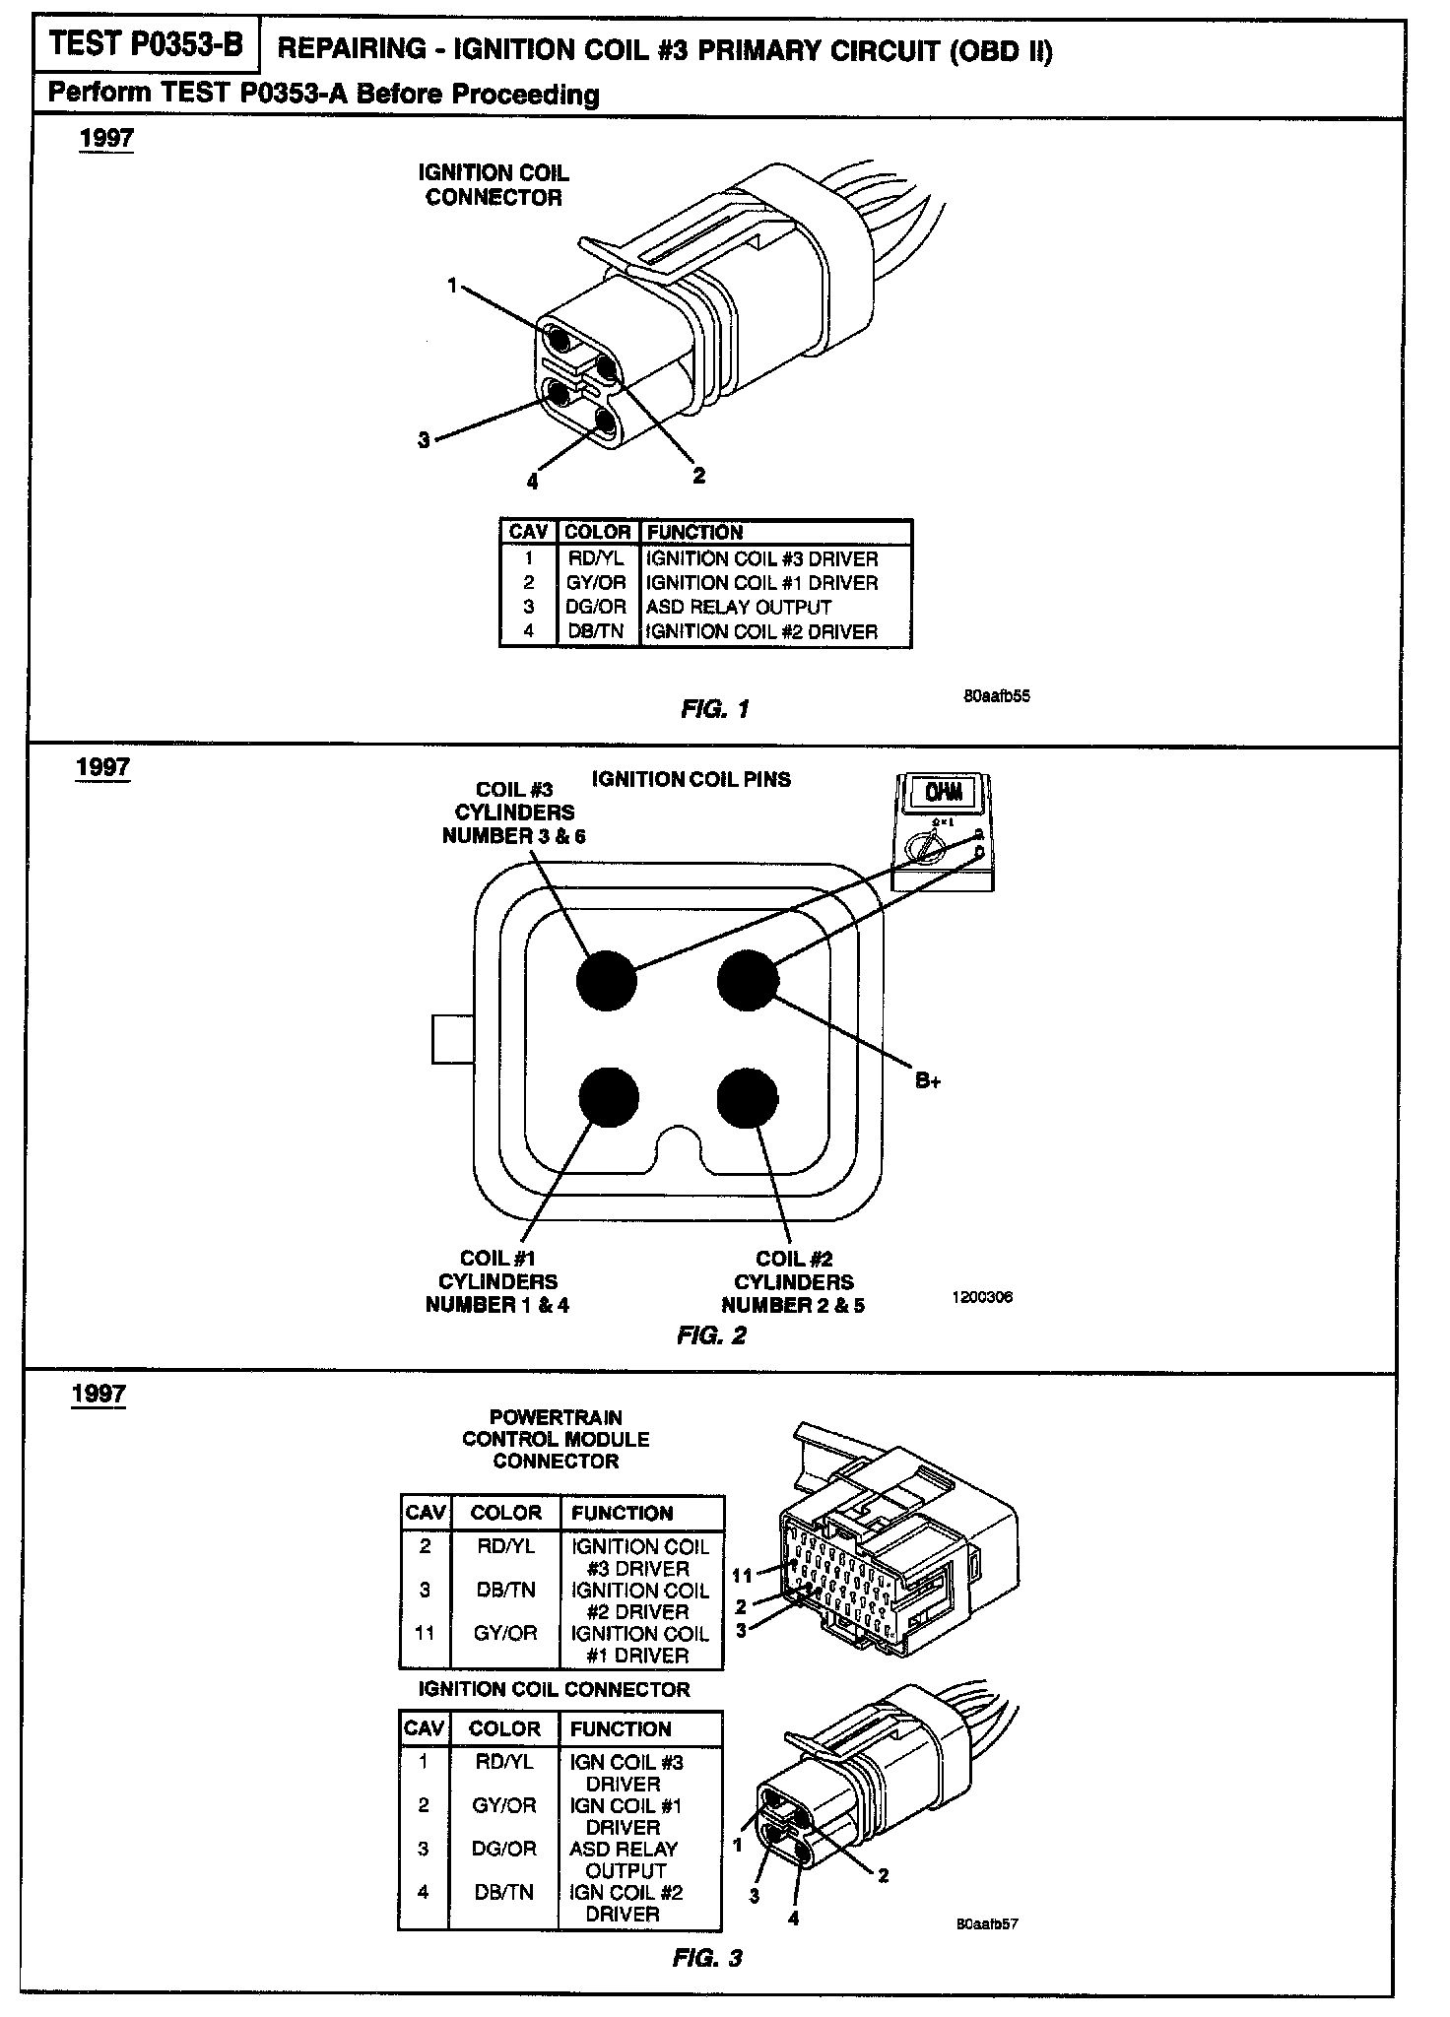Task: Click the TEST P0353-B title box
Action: point(145,46)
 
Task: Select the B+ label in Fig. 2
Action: point(927,1080)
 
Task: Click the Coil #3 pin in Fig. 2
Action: point(607,981)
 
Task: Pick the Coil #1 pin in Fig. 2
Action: point(609,1098)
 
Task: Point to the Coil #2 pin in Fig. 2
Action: point(748,1098)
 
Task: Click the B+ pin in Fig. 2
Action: point(748,981)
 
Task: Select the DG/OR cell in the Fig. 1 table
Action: point(596,608)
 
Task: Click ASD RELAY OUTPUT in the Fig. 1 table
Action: point(738,608)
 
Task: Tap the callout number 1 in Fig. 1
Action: point(452,286)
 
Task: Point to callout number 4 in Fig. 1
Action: point(532,482)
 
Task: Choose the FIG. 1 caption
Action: point(714,709)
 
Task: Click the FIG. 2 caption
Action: point(711,1335)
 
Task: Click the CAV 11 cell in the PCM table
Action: point(425,1633)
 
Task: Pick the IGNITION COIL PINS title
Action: point(691,779)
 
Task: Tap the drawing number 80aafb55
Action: point(996,695)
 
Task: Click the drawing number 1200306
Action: point(981,1297)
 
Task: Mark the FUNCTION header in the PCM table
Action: point(622,1513)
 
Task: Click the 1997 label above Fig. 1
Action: point(106,138)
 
